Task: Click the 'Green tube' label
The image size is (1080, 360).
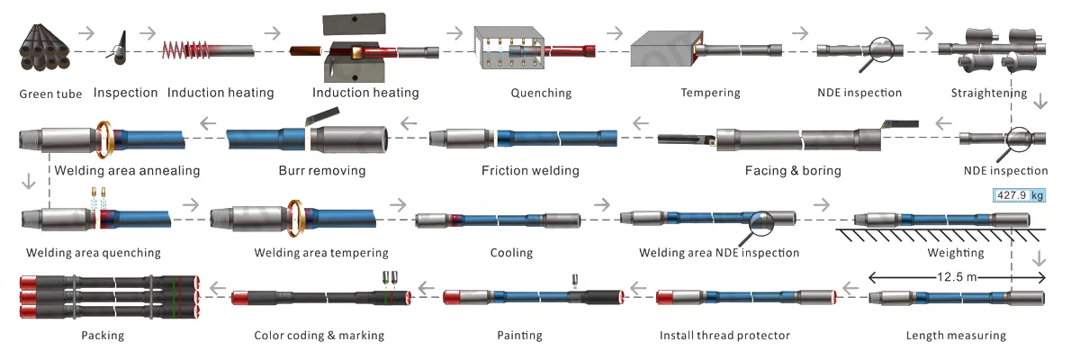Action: click(50, 93)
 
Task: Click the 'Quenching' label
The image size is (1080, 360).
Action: click(541, 93)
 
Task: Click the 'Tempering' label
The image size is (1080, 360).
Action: click(710, 93)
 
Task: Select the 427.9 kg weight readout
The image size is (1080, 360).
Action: click(1019, 195)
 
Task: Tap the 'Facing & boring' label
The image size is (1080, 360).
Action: click(793, 170)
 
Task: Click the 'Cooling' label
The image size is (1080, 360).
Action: click(511, 253)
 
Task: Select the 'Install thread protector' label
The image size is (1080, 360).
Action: click(724, 336)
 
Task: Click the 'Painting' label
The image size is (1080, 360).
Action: click(517, 336)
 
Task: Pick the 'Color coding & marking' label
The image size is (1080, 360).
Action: click(319, 336)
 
